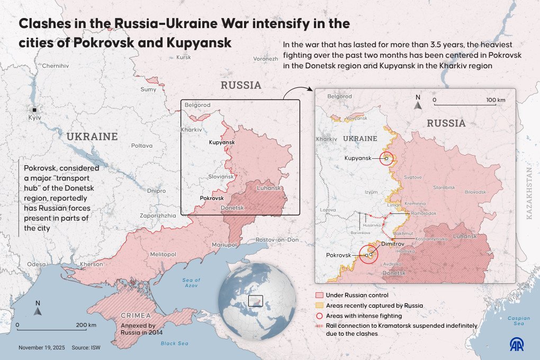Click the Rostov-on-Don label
pyautogui.click(x=277, y=240)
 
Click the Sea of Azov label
pyautogui.click(x=191, y=282)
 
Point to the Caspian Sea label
pyautogui.click(x=518, y=321)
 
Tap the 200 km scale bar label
pyautogui.click(x=86, y=325)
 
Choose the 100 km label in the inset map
pyautogui.click(x=496, y=100)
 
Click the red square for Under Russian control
pyautogui.click(x=319, y=295)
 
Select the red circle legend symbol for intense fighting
pyautogui.click(x=319, y=316)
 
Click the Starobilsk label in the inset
pyautogui.click(x=444, y=187)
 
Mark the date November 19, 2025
pyautogui.click(x=41, y=348)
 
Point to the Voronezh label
pyautogui.click(x=265, y=59)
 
